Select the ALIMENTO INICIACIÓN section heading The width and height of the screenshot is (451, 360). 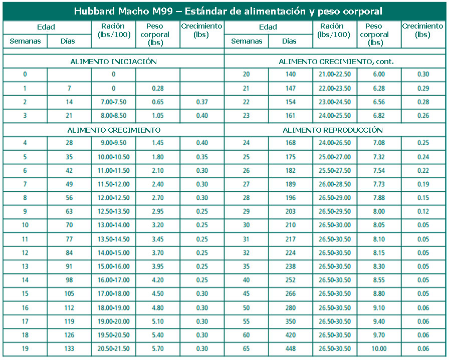click(x=114, y=62)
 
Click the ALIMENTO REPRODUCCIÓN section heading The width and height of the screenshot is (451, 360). click(x=333, y=130)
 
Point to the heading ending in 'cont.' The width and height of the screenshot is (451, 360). click(x=336, y=62)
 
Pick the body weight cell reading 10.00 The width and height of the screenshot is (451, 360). click(x=379, y=348)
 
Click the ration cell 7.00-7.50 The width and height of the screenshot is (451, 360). click(x=113, y=102)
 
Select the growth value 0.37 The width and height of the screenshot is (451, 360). click(x=202, y=102)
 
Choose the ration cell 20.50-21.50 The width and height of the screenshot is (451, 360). click(x=113, y=348)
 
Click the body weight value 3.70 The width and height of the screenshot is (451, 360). click(x=158, y=253)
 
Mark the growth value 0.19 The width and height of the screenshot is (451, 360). click(x=423, y=185)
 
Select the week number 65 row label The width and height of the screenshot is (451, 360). click(x=246, y=348)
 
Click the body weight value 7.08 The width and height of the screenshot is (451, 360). click(x=379, y=143)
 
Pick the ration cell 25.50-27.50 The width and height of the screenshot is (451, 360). click(x=334, y=171)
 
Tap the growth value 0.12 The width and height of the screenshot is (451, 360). click(x=423, y=212)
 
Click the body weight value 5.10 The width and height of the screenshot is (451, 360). click(x=158, y=321)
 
